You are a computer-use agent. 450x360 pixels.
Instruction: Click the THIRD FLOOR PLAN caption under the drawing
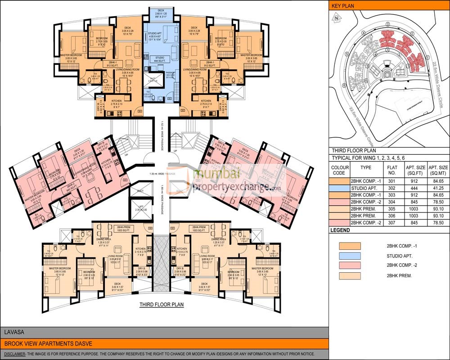(162, 305)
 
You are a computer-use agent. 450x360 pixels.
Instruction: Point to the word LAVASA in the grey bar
(13, 333)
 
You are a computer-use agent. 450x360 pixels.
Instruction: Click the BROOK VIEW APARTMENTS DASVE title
(48, 344)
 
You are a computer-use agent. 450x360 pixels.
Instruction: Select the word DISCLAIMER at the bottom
(14, 354)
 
